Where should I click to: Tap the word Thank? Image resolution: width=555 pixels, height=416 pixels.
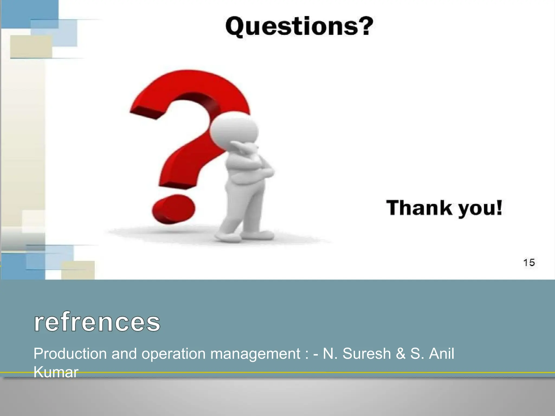point(419,208)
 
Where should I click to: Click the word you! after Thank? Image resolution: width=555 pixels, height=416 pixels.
point(480,209)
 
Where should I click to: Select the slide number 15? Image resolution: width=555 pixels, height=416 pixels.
point(529,262)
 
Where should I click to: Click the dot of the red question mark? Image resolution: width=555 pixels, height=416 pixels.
point(173,209)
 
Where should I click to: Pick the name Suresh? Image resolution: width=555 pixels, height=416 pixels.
point(366,354)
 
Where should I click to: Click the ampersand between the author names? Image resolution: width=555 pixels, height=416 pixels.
point(401,354)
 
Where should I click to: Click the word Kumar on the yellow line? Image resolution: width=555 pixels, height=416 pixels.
point(56,372)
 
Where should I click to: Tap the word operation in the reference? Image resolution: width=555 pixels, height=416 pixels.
point(173,354)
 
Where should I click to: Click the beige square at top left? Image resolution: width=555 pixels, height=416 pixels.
point(31,47)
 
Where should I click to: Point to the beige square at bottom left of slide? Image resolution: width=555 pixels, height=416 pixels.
point(78,270)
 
